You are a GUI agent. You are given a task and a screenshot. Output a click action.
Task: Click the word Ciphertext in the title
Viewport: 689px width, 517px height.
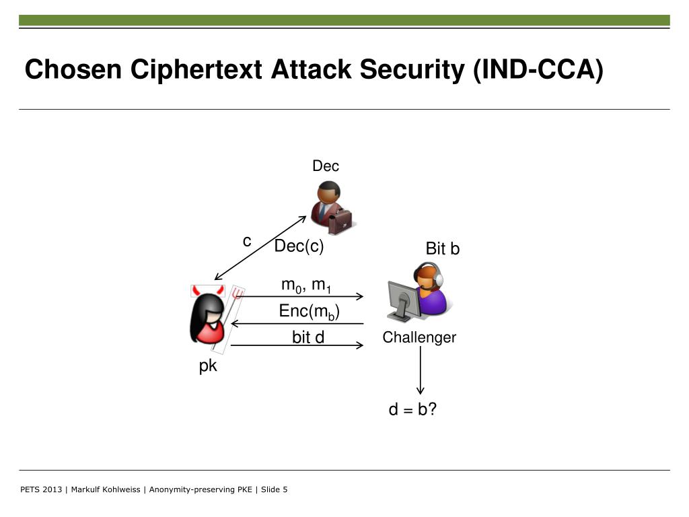pyautogui.click(x=198, y=69)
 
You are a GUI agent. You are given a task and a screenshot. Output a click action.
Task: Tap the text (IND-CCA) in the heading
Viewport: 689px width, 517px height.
pyautogui.click(x=538, y=69)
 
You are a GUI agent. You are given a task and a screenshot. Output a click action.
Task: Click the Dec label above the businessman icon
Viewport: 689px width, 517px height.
pyautogui.click(x=326, y=166)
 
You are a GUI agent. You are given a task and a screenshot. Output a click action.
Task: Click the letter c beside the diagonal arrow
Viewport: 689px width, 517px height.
pyautogui.click(x=247, y=241)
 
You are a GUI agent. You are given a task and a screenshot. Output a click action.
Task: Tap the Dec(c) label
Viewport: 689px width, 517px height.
pyautogui.click(x=299, y=247)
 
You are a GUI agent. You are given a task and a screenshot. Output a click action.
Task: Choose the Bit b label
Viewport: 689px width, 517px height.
pyautogui.click(x=443, y=249)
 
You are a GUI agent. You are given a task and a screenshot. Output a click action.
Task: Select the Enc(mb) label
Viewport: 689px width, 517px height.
pyautogui.click(x=309, y=312)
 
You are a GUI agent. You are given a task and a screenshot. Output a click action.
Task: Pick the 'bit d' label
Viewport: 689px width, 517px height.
pyautogui.click(x=308, y=337)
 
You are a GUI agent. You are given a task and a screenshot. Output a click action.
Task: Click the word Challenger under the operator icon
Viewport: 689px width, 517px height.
pyautogui.click(x=419, y=338)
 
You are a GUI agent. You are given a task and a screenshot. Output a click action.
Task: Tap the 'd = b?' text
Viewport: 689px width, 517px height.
pyautogui.click(x=413, y=409)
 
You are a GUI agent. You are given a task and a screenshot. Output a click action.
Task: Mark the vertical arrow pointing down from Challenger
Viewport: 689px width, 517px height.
pyautogui.click(x=421, y=370)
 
